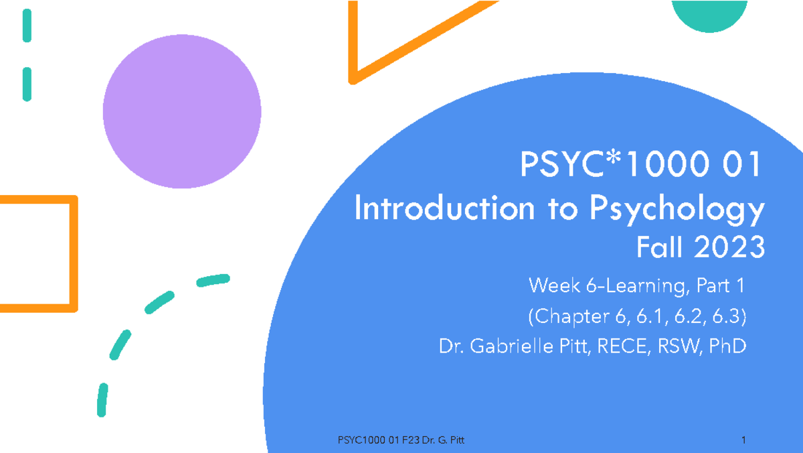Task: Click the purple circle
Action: coord(181,112)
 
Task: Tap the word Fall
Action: coord(660,248)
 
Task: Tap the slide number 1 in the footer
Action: coord(743,440)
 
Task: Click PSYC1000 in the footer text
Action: coord(362,440)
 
